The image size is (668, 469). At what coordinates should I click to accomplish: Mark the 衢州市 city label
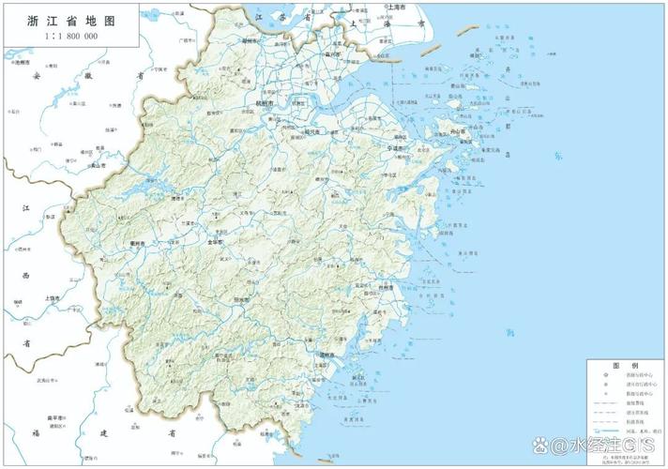(x=136, y=244)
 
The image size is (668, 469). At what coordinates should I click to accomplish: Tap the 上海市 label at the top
(x=394, y=8)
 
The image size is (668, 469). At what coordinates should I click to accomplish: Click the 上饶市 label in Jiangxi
(x=52, y=298)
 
